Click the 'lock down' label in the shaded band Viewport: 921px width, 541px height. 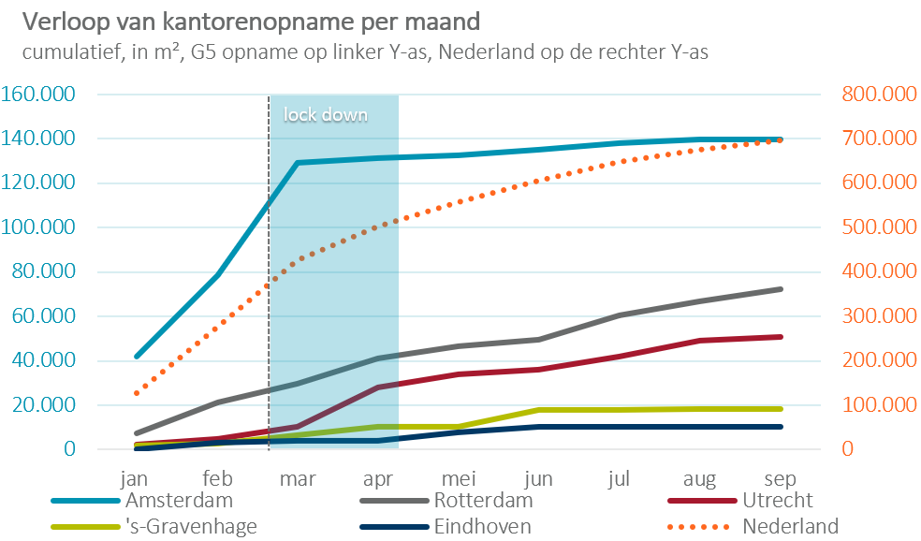pos(326,115)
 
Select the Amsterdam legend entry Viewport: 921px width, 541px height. pos(178,500)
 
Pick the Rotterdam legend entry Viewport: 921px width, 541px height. pos(487,500)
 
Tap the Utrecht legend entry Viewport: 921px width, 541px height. pos(778,500)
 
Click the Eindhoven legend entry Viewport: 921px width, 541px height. pos(483,526)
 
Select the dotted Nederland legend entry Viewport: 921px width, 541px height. pos(790,526)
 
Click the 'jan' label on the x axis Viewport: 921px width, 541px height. pos(136,477)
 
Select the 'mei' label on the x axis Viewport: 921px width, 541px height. pos(459,477)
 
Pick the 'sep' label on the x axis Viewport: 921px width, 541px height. pos(781,477)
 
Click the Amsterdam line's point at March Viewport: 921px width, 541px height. pos(298,163)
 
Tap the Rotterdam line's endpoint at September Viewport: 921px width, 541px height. pos(781,289)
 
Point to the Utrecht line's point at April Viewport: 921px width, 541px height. pos(378,387)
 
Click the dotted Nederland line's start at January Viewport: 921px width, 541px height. pos(137,393)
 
